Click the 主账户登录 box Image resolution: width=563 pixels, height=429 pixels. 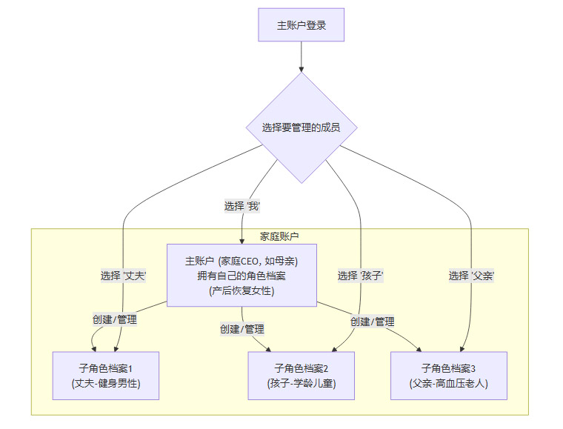302,25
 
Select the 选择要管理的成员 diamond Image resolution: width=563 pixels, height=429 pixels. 302,127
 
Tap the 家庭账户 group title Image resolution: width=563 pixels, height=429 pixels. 279,236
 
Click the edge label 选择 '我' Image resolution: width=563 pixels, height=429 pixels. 242,206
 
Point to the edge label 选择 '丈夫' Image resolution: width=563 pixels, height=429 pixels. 123,276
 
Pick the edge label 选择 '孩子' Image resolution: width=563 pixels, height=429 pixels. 360,276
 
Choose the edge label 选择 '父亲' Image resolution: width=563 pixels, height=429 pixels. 471,276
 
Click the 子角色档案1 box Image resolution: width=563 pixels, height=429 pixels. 106,376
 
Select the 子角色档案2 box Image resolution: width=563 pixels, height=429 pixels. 301,376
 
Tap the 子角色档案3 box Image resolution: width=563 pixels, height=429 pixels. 448,376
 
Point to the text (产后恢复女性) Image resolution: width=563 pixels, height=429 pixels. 241,290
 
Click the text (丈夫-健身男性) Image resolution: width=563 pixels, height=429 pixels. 106,383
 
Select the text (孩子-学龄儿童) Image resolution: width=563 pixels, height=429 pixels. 301,383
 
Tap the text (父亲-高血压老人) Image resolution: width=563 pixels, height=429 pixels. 448,383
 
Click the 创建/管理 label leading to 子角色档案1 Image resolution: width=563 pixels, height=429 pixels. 115,320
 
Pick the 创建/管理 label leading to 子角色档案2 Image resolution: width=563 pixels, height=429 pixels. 242,328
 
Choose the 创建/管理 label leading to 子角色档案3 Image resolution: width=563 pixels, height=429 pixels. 372,322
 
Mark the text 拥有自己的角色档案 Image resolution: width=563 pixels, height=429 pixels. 241,276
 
